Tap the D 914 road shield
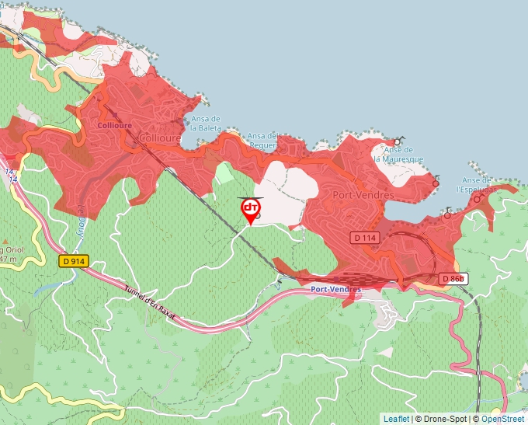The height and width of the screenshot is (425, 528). pyautogui.click(x=74, y=262)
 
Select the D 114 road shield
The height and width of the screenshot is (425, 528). pyautogui.click(x=363, y=236)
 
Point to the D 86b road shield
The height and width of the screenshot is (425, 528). pyautogui.click(x=453, y=278)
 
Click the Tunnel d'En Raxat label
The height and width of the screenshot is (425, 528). pyautogui.click(x=151, y=301)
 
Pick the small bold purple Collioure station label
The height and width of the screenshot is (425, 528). pyautogui.click(x=116, y=124)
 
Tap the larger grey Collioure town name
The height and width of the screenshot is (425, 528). pyautogui.click(x=158, y=138)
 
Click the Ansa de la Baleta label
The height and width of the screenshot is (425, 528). pyautogui.click(x=205, y=123)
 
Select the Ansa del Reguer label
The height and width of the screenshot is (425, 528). pyautogui.click(x=262, y=140)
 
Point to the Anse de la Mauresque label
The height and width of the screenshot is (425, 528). pyautogui.click(x=398, y=154)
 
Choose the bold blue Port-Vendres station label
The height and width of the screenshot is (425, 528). pyautogui.click(x=335, y=289)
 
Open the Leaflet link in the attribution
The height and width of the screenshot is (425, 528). pyautogui.click(x=396, y=419)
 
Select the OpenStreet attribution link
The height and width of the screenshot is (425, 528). pyautogui.click(x=502, y=419)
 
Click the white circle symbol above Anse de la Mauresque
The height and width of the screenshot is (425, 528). pyautogui.click(x=397, y=141)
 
